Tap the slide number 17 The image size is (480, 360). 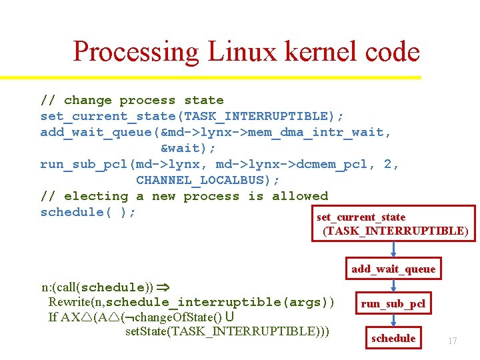tap(452, 341)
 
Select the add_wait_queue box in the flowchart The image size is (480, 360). tap(393, 269)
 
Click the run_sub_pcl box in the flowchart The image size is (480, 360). tap(393, 304)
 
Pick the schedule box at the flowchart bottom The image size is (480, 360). tap(393, 338)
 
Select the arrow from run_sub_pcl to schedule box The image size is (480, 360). tap(393, 320)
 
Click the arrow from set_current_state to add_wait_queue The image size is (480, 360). tap(393, 249)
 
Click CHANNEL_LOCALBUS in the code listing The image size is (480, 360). tap(207, 180)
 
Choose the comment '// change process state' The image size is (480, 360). tap(131, 100)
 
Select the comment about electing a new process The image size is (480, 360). tap(184, 196)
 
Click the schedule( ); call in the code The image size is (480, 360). tap(88, 212)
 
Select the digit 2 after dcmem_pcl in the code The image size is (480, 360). tap(389, 164)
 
